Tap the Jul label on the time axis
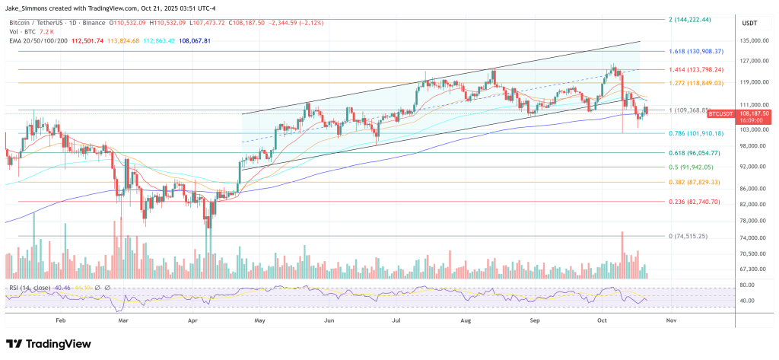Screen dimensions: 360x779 tap(397, 321)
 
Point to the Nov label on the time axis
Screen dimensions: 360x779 tap(671, 321)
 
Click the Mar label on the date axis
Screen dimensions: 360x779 tap(125, 321)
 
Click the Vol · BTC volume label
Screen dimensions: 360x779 tap(22, 32)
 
